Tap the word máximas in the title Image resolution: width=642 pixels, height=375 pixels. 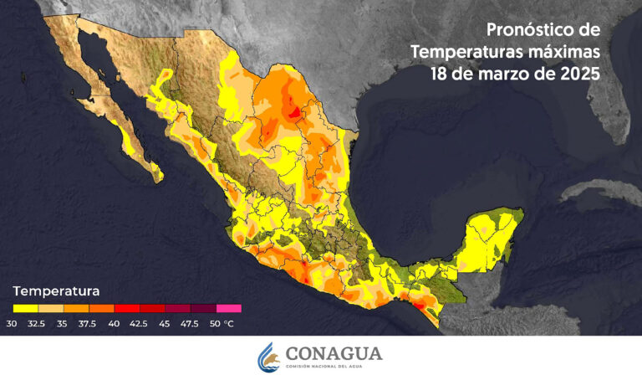pos(558,52)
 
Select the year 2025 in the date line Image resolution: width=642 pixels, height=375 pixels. pos(576,74)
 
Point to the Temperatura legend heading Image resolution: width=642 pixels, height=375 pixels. pos(56,291)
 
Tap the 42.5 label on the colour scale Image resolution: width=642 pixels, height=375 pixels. pos(140,323)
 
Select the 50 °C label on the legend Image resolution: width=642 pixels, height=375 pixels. pos(222,323)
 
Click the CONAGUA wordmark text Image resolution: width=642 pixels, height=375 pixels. pos(333,352)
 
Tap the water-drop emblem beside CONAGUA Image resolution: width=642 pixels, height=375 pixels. pos(267,356)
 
